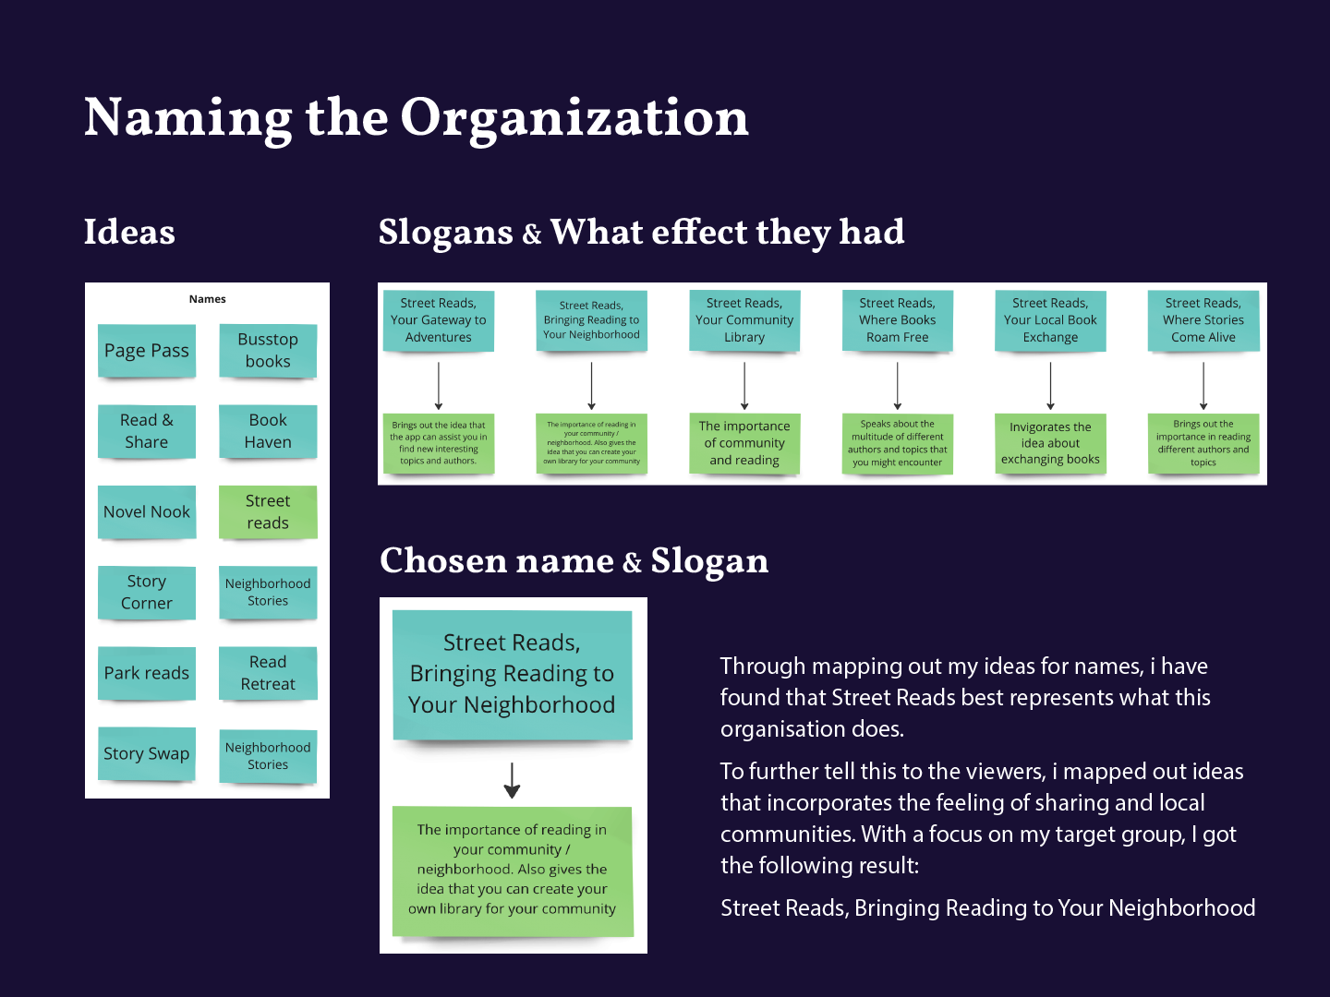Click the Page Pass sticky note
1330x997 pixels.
tap(147, 351)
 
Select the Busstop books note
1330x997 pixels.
tap(268, 351)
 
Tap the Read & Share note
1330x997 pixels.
tap(147, 431)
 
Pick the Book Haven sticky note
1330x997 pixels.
tap(268, 431)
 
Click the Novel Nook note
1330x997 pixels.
tap(147, 512)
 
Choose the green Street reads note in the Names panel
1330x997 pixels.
tap(268, 512)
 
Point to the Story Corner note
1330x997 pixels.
tap(147, 593)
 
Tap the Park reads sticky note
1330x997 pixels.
tap(147, 673)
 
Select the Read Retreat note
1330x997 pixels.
tap(268, 673)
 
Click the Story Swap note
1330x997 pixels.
tap(147, 753)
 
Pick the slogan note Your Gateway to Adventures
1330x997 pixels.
tap(439, 320)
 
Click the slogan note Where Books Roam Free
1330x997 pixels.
tap(897, 320)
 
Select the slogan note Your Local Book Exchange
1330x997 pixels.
tap(1050, 320)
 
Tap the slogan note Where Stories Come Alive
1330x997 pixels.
tap(1203, 320)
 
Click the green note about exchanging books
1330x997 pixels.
tap(1050, 443)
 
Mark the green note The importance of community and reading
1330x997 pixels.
tap(744, 443)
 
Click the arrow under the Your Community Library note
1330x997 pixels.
tap(744, 386)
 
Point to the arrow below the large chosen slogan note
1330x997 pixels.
tap(513, 780)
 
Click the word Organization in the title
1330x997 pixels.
tap(574, 118)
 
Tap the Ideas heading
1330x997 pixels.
tap(129, 232)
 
